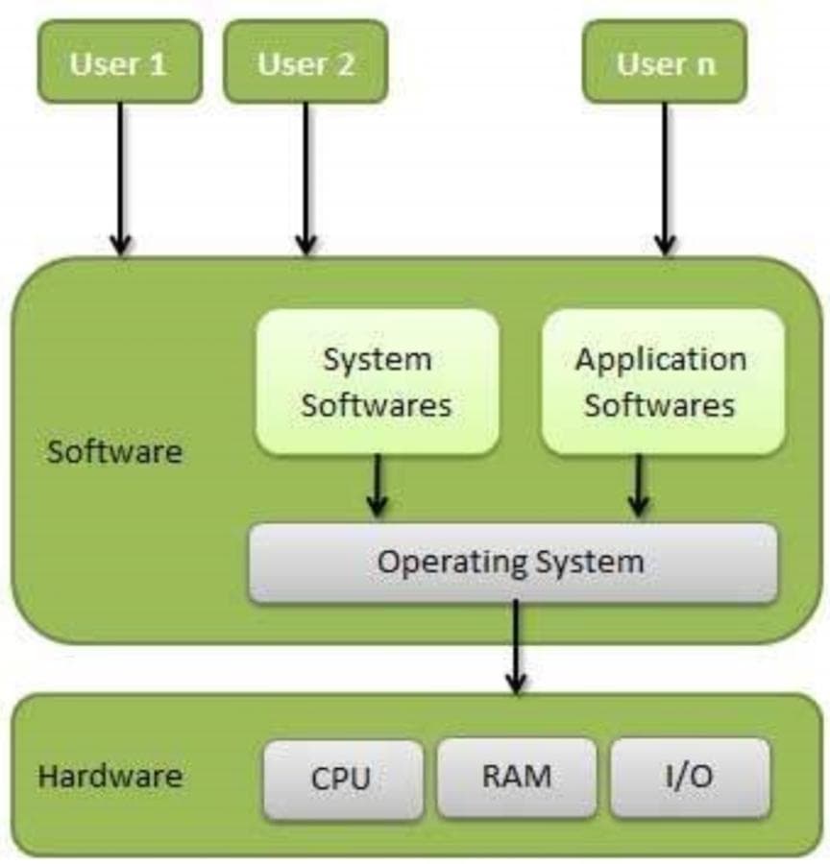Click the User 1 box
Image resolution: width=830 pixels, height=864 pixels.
pyautogui.click(x=119, y=62)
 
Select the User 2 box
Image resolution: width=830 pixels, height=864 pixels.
pyautogui.click(x=305, y=62)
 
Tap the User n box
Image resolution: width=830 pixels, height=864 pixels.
pyautogui.click(x=665, y=62)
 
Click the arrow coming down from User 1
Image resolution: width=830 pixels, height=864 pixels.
pyautogui.click(x=120, y=178)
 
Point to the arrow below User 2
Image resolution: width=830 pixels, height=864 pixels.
pyautogui.click(x=305, y=178)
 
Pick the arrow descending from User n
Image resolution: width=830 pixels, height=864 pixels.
pyautogui.click(x=665, y=178)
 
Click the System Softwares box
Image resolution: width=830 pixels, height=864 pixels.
pyautogui.click(x=377, y=382)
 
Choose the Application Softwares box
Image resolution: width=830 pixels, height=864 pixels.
pyautogui.click(x=661, y=382)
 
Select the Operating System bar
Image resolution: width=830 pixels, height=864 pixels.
pyautogui.click(x=512, y=563)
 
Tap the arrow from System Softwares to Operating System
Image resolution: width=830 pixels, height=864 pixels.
pyautogui.click(x=378, y=485)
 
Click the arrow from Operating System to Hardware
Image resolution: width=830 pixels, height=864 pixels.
pyautogui.click(x=516, y=645)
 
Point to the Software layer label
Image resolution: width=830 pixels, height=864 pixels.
pyautogui.click(x=114, y=450)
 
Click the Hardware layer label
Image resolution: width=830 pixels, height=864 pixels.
pyautogui.click(x=110, y=776)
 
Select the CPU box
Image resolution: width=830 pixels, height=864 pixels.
pyautogui.click(x=342, y=778)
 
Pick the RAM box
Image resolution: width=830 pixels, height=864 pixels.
pyautogui.click(x=517, y=776)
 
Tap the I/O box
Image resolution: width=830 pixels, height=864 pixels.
pyautogui.click(x=690, y=776)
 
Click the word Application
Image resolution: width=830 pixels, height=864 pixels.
pyautogui.click(x=661, y=360)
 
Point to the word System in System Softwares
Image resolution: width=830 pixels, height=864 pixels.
pyautogui.click(x=377, y=360)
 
